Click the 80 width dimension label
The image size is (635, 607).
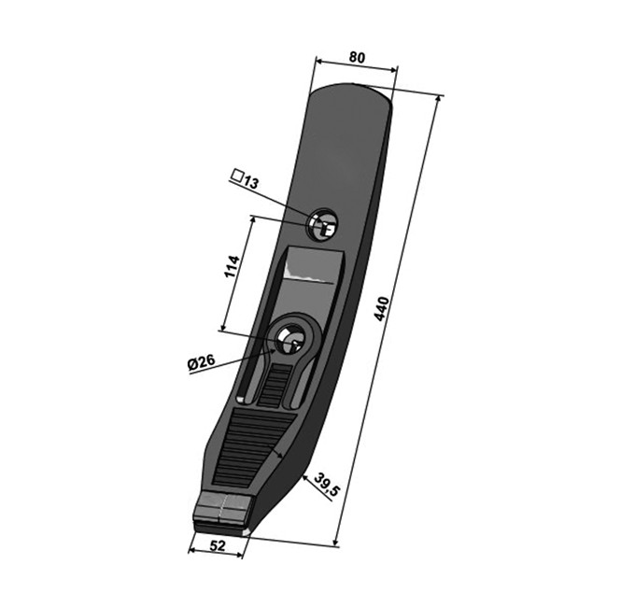(357, 58)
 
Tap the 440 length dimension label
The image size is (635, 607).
(382, 309)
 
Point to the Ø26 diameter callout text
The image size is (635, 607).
(202, 361)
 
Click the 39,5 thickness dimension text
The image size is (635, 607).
(328, 484)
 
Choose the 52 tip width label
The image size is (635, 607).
(218, 546)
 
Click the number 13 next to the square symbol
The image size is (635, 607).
(250, 183)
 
